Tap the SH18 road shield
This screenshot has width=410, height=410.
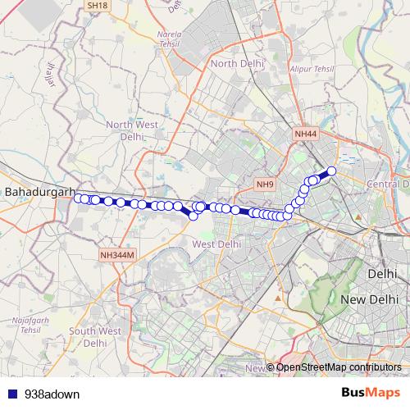click(x=96, y=6)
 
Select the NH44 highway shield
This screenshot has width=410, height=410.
click(x=305, y=133)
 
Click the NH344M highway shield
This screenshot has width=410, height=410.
click(x=116, y=255)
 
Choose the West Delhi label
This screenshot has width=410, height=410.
click(x=216, y=244)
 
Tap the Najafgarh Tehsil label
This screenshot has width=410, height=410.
click(x=30, y=325)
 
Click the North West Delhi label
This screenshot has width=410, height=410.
click(x=131, y=130)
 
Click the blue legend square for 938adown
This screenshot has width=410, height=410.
click(x=12, y=394)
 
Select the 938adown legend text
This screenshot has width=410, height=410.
click(x=52, y=394)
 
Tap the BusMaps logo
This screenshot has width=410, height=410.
click(x=370, y=394)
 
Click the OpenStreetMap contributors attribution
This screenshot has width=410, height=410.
click(x=339, y=367)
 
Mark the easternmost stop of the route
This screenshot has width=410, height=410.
click(x=332, y=171)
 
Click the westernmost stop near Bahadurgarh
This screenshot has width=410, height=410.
click(x=78, y=198)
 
